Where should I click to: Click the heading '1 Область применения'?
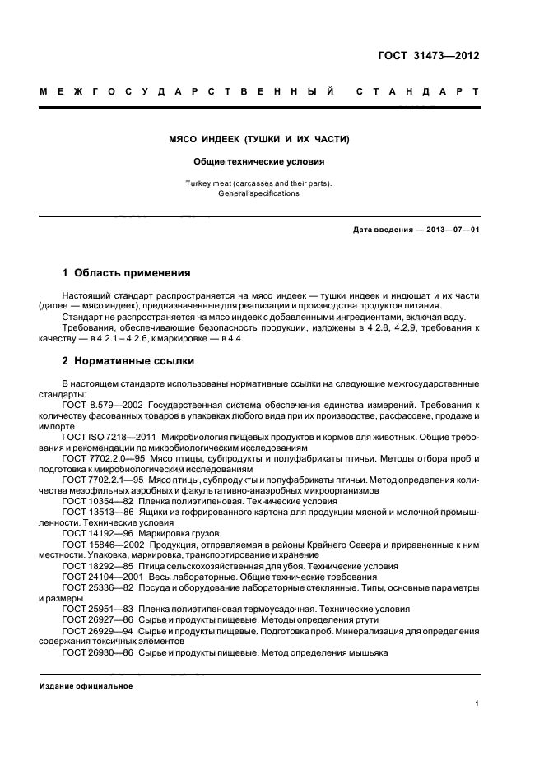(127, 272)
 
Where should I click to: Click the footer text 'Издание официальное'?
(86, 685)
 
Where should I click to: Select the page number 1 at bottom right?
(477, 703)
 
